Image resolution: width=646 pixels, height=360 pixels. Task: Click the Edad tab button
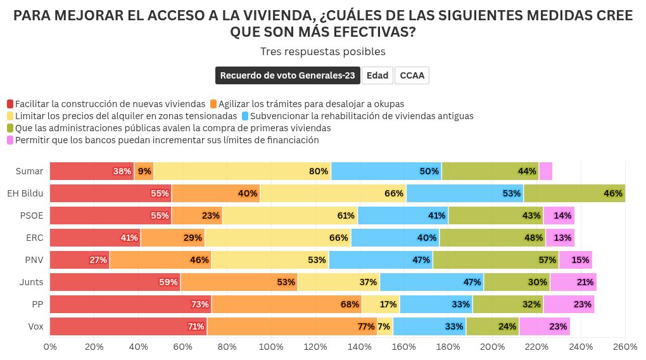point(377,75)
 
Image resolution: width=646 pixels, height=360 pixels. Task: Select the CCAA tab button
point(412,75)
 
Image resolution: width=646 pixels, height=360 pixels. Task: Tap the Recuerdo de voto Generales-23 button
point(288,75)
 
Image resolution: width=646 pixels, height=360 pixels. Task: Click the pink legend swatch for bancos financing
point(11,140)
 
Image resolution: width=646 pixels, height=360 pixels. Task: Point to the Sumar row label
point(30,171)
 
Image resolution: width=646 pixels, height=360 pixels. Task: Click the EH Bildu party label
point(25,193)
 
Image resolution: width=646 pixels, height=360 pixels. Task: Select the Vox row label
point(35,326)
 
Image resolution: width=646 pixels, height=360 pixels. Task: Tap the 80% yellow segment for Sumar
point(243,171)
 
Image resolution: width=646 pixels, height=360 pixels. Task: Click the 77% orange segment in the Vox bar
point(292,326)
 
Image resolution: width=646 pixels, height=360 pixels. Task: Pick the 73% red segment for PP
point(130,304)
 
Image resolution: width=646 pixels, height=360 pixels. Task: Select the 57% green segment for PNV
point(496,260)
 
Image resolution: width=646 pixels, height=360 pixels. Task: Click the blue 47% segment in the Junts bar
point(431,282)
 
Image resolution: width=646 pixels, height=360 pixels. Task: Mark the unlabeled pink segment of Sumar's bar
point(545,171)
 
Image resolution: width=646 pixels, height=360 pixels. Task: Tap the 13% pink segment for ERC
point(560,238)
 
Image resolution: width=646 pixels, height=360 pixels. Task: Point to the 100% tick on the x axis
point(271,347)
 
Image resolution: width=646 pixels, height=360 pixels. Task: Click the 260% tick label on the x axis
point(625,347)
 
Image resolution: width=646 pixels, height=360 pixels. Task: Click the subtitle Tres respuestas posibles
point(322,51)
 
